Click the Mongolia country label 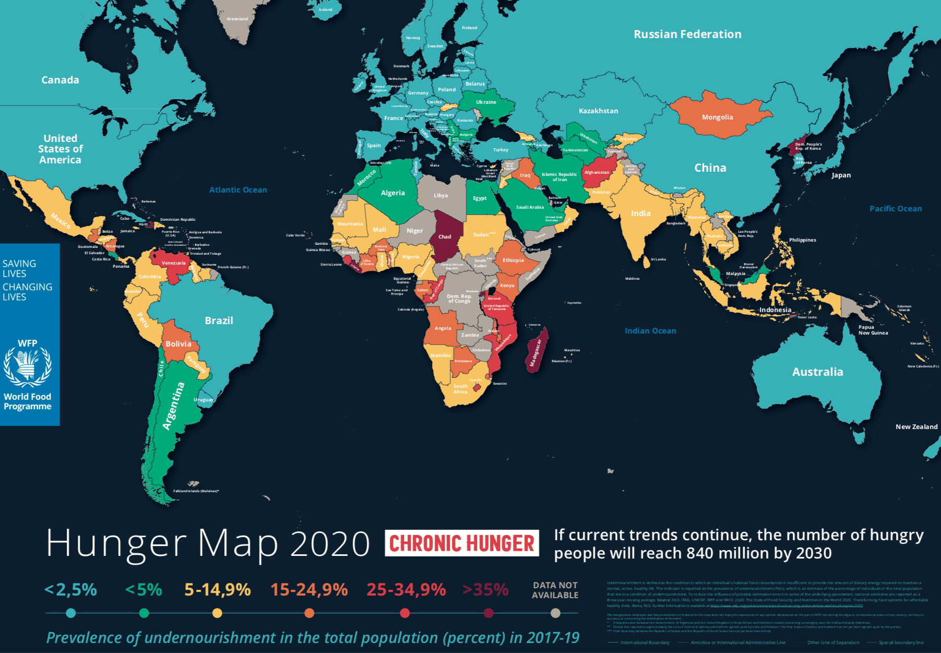point(717,117)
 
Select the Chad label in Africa point(445,236)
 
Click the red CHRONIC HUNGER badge point(462,543)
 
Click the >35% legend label point(485,590)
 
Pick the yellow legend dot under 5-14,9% point(218,613)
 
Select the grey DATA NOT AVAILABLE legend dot point(555,613)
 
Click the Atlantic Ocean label point(238,190)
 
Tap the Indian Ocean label point(650,331)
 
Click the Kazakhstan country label point(598,111)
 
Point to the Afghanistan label point(597,172)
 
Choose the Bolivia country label point(178,344)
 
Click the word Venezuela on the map point(173,263)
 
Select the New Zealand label point(916,427)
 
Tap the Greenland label point(237,19)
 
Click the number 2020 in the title point(330,544)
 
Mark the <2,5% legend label point(71,590)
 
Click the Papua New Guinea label point(873,330)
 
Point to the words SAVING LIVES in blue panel point(19,268)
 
